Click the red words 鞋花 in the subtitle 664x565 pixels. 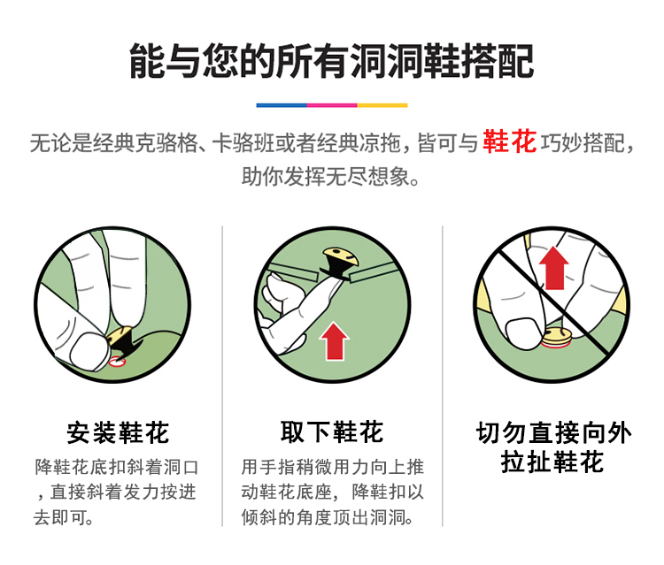(x=509, y=141)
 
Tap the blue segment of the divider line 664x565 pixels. (x=282, y=105)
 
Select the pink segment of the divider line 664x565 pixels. (x=332, y=105)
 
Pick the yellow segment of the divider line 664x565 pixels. (x=382, y=105)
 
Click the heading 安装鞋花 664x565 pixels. (x=118, y=432)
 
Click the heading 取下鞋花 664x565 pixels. (x=332, y=431)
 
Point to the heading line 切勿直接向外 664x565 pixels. (x=553, y=432)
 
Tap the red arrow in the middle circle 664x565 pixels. (x=335, y=341)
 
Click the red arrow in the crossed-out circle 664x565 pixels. (x=554, y=269)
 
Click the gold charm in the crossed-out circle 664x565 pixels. (x=556, y=338)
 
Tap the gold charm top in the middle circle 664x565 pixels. (x=341, y=256)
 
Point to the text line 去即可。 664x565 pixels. (x=64, y=517)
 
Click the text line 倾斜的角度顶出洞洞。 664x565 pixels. (x=328, y=517)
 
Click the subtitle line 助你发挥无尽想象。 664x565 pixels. (x=331, y=176)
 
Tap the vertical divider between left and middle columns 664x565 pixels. (x=222, y=376)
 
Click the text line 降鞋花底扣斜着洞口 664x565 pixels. (x=117, y=468)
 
